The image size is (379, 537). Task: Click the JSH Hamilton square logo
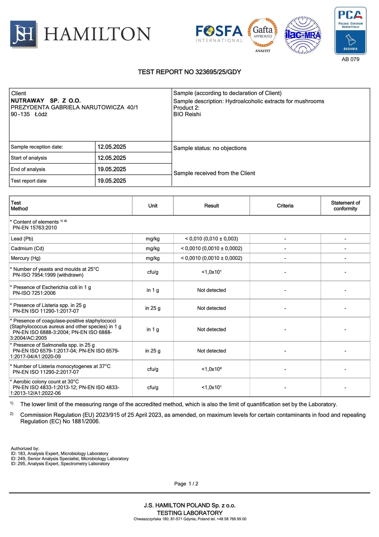pos(24,34)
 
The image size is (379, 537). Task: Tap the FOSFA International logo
pos(219,34)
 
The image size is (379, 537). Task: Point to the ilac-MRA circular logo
pos(303,35)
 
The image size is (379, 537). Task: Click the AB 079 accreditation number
pos(350,59)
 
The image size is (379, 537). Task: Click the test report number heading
pos(189,72)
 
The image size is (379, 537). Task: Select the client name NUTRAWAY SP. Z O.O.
pos(46,101)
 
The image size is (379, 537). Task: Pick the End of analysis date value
pos(112,169)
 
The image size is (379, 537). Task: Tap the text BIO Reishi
pos(187,114)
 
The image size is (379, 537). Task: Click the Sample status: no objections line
pos(210,148)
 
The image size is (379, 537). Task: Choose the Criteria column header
pos(285,206)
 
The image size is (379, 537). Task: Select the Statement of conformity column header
pos(345,206)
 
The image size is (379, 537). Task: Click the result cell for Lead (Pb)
pos(211,239)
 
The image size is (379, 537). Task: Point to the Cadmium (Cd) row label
pos(27,249)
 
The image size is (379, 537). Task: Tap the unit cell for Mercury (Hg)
pos(153,258)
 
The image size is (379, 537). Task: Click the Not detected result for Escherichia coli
pos(211,290)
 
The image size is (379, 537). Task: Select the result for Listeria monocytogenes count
pos(211,369)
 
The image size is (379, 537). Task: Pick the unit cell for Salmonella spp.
pos(153,351)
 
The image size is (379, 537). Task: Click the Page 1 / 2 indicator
pos(186,484)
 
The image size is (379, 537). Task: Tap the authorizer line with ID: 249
pos(70,458)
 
